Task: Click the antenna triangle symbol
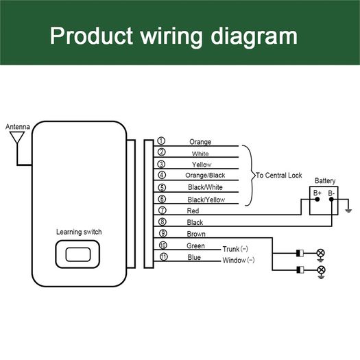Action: tap(17, 137)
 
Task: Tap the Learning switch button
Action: tap(78, 254)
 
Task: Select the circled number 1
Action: tap(161, 141)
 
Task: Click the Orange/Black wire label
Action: tap(205, 176)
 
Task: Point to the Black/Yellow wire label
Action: tap(206, 200)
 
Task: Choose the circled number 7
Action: tap(163, 211)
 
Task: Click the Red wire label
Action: tap(193, 211)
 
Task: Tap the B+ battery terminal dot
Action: tap(317, 200)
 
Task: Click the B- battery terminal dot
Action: tap(331, 200)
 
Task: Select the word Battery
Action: tap(325, 181)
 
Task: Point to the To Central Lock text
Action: tap(278, 176)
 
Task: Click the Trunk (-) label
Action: tap(235, 249)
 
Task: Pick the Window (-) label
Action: tap(239, 260)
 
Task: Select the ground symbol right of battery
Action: tap(348, 211)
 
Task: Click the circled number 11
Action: tap(163, 256)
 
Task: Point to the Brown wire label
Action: tap(196, 234)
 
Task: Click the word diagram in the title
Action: tap(254, 36)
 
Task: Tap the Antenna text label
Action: tap(18, 127)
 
